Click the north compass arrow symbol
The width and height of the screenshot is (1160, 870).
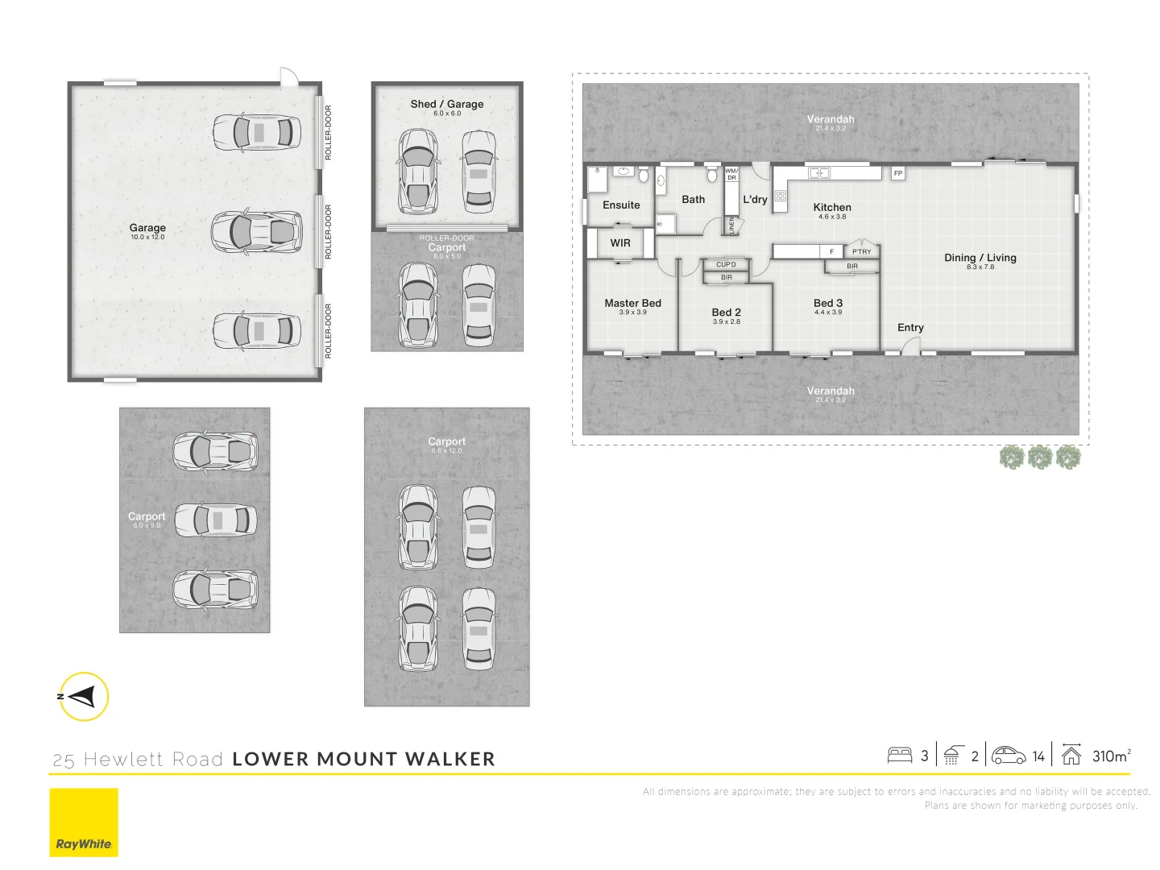[x=83, y=696]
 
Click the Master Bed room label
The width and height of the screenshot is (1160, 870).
[x=632, y=303]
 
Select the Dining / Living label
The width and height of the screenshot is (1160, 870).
[x=980, y=258]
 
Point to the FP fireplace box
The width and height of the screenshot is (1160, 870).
[x=897, y=173]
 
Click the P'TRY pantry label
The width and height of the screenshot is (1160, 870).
[x=861, y=251]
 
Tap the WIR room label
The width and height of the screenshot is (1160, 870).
[x=620, y=242]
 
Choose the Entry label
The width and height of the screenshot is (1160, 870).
[x=910, y=327]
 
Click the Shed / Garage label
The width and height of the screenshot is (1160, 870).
[x=446, y=104]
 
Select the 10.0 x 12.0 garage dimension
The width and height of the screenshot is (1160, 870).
[x=147, y=237]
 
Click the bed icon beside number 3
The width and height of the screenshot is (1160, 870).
[x=899, y=756]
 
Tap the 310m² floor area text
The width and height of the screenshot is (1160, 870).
[x=1111, y=756]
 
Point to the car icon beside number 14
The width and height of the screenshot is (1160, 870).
[x=1008, y=756]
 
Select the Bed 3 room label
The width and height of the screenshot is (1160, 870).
[x=827, y=303]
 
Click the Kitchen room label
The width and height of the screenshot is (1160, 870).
[x=831, y=207]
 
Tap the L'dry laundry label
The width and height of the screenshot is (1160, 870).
[x=755, y=199]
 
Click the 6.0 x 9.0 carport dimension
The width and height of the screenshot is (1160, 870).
[x=147, y=525]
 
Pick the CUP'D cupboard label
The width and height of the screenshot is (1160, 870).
[x=726, y=264]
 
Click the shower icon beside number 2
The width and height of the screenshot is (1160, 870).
[x=951, y=756]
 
